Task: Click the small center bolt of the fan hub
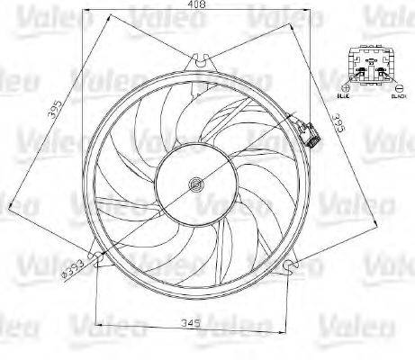click(x=194, y=186)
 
